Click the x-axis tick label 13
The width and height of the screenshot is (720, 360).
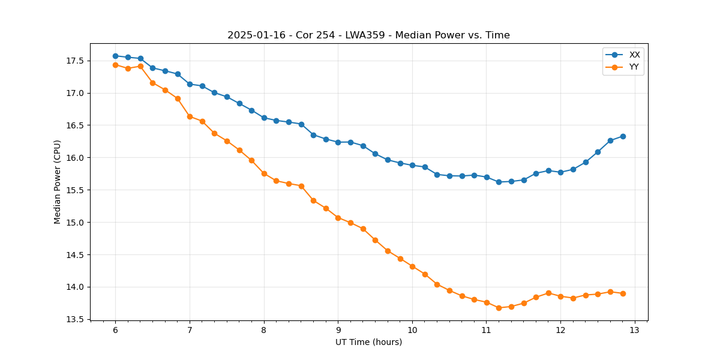pyautogui.click(x=635, y=330)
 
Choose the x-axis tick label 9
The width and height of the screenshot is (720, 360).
pyautogui.click(x=338, y=330)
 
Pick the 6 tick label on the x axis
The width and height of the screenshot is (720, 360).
pyautogui.click(x=115, y=330)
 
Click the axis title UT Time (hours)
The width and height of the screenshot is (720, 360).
pyautogui.click(x=368, y=342)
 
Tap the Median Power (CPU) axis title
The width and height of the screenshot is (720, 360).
pyautogui.click(x=58, y=182)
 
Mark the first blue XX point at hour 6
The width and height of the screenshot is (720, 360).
pyautogui.click(x=115, y=56)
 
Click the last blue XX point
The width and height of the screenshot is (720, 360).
pyautogui.click(x=623, y=136)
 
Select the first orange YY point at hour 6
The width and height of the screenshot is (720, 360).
pyautogui.click(x=115, y=65)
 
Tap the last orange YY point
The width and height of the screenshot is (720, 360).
pyautogui.click(x=623, y=293)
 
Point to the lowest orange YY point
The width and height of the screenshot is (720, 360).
pyautogui.click(x=499, y=308)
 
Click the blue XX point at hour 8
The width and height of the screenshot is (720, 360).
pyautogui.click(x=264, y=118)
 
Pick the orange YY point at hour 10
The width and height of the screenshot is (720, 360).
pyautogui.click(x=412, y=266)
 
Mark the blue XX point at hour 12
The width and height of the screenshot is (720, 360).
pyautogui.click(x=560, y=172)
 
